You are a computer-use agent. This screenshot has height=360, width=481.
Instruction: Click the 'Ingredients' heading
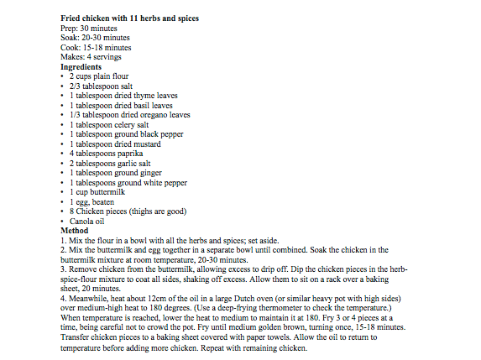pos(81,67)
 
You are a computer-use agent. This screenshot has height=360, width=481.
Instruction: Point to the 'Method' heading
pos(76,230)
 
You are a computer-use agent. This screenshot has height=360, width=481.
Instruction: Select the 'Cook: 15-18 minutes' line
pos(97,47)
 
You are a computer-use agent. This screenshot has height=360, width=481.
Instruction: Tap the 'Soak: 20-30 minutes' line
pos(96,38)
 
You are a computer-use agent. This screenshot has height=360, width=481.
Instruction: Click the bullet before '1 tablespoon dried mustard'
pos(64,144)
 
